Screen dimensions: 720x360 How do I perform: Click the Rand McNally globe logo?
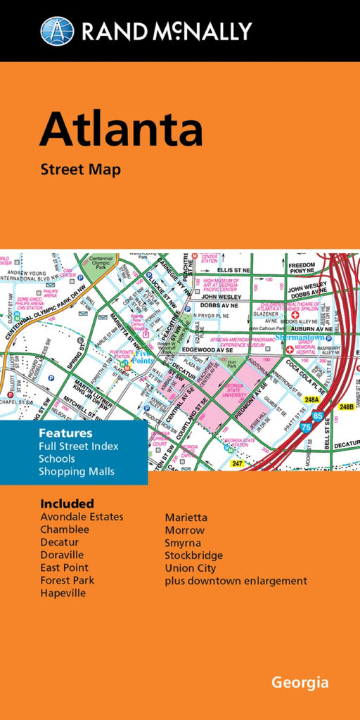click(x=57, y=31)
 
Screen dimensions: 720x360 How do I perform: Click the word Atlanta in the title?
click(x=121, y=129)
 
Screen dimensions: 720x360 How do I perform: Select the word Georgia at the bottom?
click(x=300, y=683)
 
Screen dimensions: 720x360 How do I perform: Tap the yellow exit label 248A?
click(x=311, y=399)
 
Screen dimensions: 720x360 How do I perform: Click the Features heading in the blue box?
click(x=65, y=433)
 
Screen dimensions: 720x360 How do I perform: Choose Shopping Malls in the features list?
click(x=77, y=471)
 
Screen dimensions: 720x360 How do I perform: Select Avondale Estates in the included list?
click(x=82, y=517)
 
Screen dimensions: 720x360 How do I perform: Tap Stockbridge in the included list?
click(x=194, y=555)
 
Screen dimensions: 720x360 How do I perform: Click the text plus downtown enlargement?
click(x=236, y=581)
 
